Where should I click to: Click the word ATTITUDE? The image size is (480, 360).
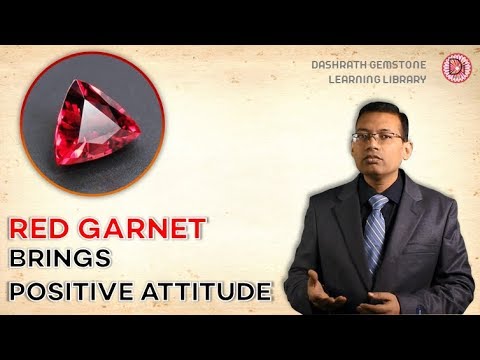tap(210, 292)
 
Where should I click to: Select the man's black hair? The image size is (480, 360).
tap(376, 112)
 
